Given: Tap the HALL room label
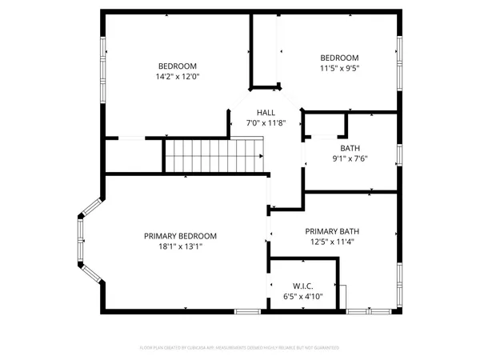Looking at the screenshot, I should pos(266,113).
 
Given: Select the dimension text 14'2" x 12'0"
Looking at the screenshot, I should pos(177,78).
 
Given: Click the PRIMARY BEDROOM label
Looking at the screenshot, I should pos(180,236).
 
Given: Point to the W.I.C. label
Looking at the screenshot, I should pos(302,286).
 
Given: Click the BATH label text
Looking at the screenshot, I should pos(350,148).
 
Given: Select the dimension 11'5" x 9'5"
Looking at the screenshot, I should pos(340,69).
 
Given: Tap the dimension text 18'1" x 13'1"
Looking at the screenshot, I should pos(180,247).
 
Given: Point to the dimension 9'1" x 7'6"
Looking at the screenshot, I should pos(350,158).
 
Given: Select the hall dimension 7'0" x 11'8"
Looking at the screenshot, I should pos(266,124).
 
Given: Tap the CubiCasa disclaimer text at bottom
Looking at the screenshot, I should pos(239,348).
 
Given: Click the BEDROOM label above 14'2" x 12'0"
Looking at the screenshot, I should pos(177,66).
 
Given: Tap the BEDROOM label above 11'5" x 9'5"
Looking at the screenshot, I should pos(340,58).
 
